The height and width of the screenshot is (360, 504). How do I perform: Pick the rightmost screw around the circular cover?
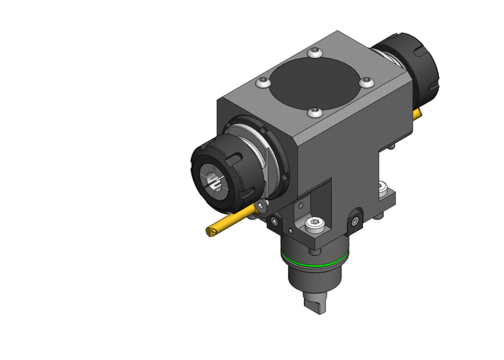367,82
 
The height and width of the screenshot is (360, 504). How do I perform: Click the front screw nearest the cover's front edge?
315,112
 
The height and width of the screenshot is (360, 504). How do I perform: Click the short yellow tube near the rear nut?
416,114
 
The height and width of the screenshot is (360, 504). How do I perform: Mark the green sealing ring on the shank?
314,263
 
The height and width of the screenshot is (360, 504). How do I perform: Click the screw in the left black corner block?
275,222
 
